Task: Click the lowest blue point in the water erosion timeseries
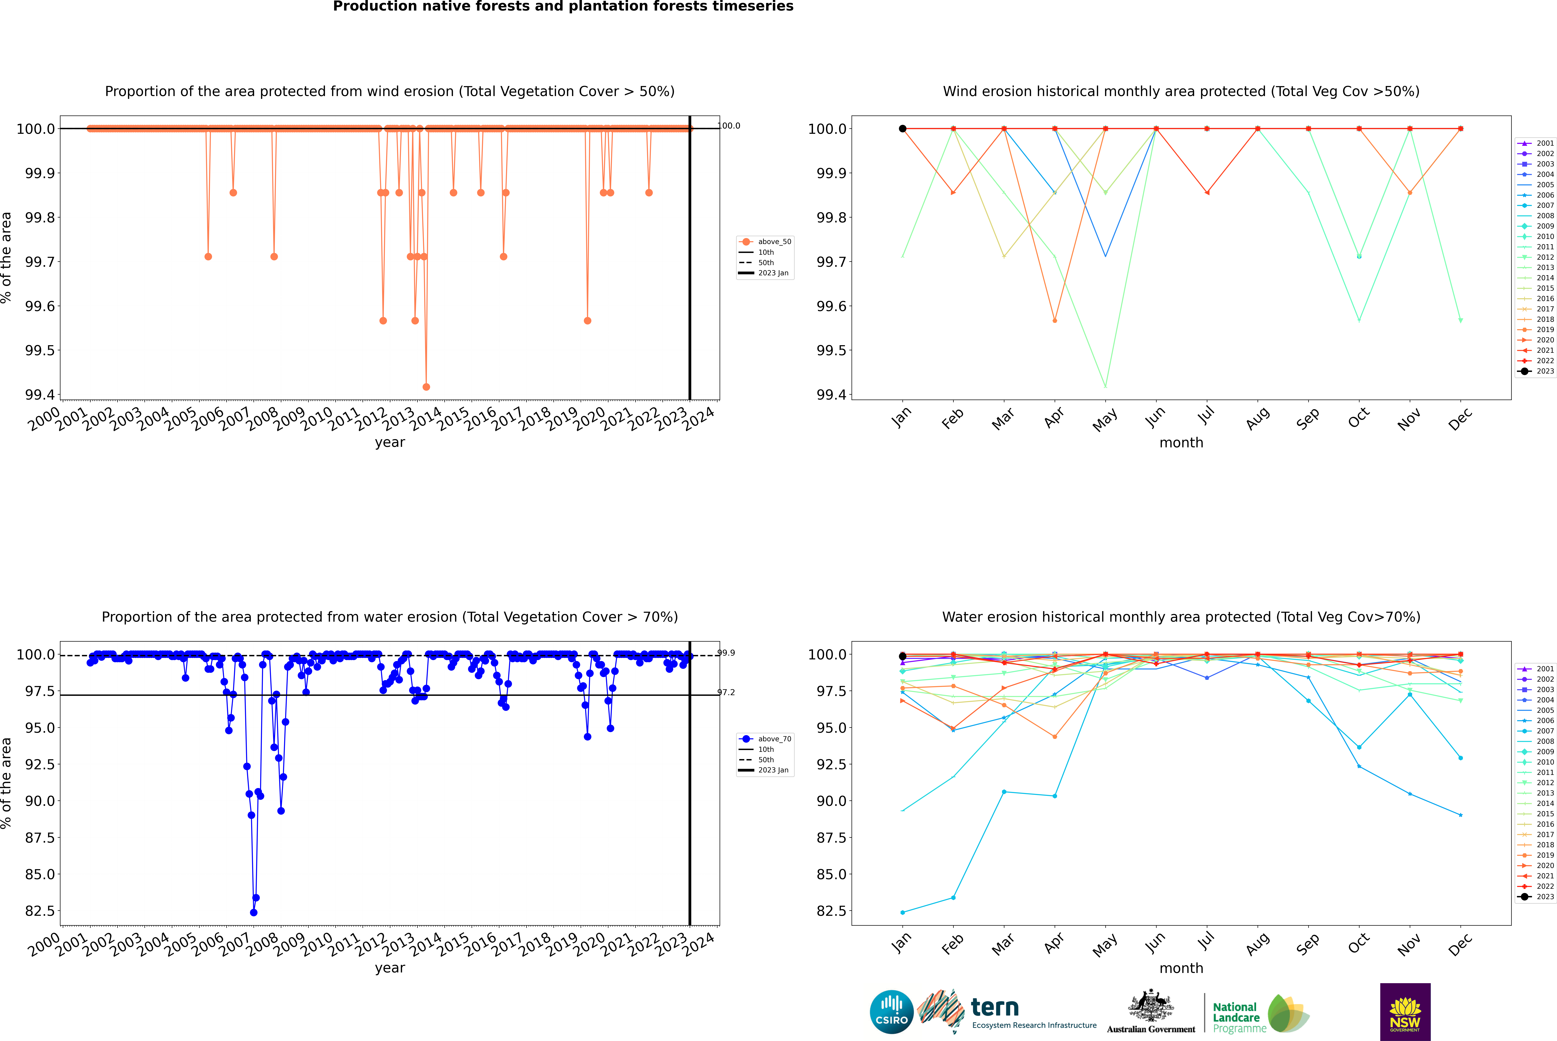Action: [x=253, y=912]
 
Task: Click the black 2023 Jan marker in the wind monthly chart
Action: [x=903, y=129]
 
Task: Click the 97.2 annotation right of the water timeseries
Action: [x=726, y=693]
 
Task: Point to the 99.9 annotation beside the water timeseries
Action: [x=726, y=653]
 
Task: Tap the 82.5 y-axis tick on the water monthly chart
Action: [x=831, y=911]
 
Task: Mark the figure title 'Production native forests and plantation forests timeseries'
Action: [x=563, y=7]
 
